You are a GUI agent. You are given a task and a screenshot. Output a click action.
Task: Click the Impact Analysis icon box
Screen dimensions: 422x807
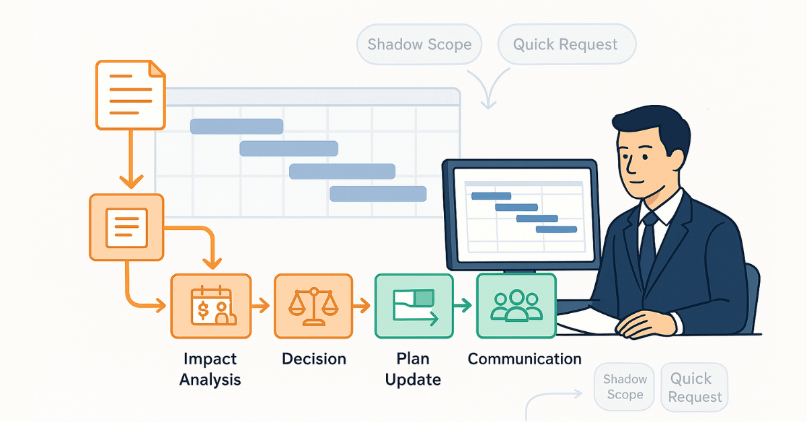[210, 306]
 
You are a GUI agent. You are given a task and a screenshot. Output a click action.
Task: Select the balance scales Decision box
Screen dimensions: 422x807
[313, 306]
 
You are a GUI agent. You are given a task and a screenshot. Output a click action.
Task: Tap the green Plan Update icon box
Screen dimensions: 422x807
[414, 306]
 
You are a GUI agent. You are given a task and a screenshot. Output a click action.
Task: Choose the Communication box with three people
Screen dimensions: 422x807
[516, 306]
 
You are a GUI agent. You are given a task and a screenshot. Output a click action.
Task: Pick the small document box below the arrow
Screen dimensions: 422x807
[126, 227]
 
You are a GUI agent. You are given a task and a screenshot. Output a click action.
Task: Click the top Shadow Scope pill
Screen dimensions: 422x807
[420, 45]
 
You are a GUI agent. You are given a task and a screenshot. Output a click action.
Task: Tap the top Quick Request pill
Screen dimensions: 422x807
[566, 45]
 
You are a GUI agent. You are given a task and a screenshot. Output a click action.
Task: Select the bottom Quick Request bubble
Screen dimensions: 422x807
[695, 387]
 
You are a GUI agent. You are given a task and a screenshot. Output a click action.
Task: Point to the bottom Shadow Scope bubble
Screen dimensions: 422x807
[625, 387]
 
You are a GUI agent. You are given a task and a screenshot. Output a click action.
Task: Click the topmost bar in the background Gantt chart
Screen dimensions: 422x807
[237, 126]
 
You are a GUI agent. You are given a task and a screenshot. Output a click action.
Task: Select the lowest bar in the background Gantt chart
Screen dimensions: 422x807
[378, 194]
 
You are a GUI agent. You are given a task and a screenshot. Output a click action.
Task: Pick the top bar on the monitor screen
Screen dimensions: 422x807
[491, 196]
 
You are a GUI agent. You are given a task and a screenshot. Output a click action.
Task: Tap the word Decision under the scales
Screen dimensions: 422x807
[313, 359]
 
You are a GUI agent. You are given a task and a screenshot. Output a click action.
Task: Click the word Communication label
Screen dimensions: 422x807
[525, 359]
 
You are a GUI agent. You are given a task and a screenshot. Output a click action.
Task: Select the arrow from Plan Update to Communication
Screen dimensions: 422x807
[463, 306]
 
